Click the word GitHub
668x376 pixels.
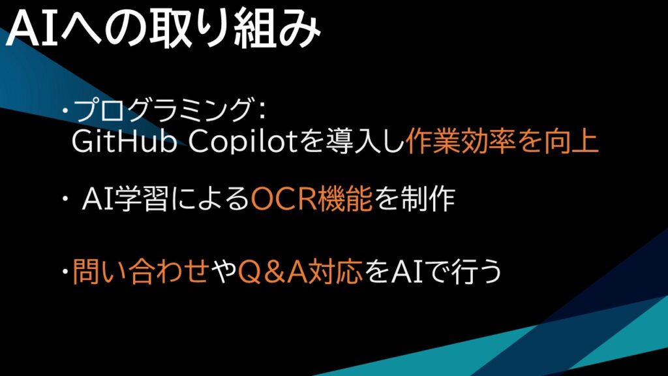pyautogui.click(x=124, y=142)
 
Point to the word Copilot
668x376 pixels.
pyautogui.click(x=243, y=142)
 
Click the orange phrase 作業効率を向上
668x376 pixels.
pyautogui.click(x=503, y=142)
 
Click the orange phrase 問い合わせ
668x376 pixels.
pyautogui.click(x=141, y=272)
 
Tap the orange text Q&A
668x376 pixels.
pyautogui.click(x=273, y=272)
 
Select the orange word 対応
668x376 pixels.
pyautogui.click(x=336, y=272)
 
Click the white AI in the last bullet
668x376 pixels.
pyautogui.click(x=407, y=272)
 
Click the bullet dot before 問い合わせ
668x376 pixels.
pyautogui.click(x=65, y=272)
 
